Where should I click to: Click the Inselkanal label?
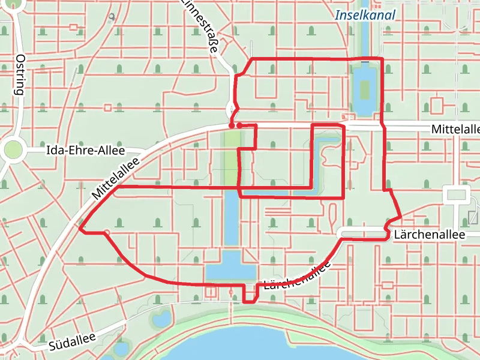(365, 16)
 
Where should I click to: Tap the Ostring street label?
(20, 75)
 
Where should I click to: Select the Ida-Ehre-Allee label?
(85, 150)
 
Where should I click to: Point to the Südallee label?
(73, 342)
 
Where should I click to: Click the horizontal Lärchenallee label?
(430, 235)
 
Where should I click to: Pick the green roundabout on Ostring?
(12, 150)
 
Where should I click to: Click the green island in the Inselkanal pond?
(364, 90)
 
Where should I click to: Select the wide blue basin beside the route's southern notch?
(231, 266)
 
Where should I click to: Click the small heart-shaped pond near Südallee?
(161, 319)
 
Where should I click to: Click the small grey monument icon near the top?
(112, 16)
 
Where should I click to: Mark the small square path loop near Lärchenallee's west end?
(211, 292)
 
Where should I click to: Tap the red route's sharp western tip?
(80, 229)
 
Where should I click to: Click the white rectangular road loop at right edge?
(456, 195)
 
